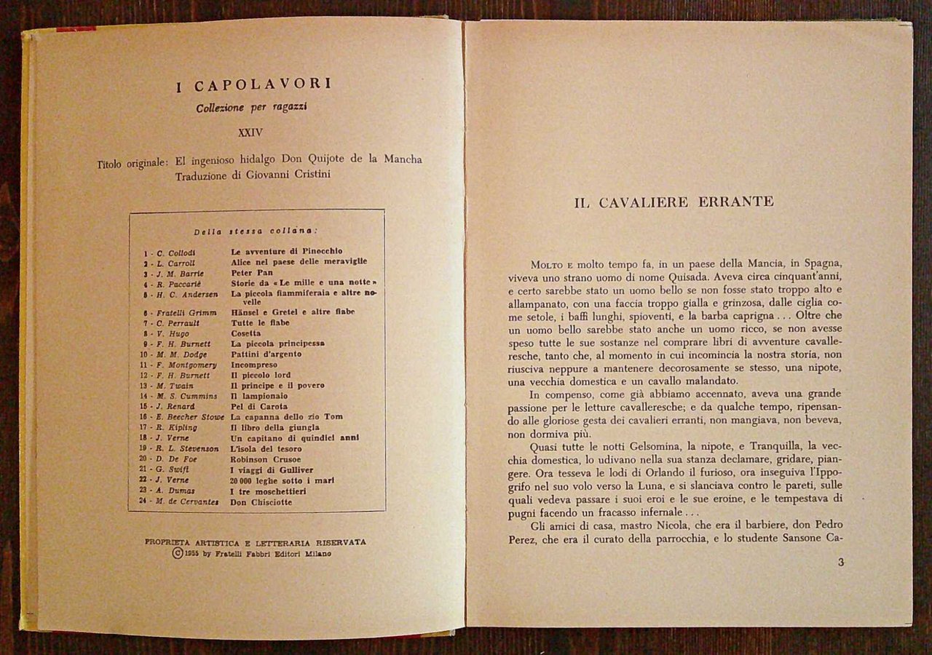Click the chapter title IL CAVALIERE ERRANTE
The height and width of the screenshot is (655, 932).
pos(674,202)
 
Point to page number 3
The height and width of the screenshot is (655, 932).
pos(841,562)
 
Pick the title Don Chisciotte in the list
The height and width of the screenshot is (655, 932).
pos(261,501)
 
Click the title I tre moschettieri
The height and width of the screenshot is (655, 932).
pos(268,491)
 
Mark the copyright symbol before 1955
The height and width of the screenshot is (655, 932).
pos(177,553)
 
